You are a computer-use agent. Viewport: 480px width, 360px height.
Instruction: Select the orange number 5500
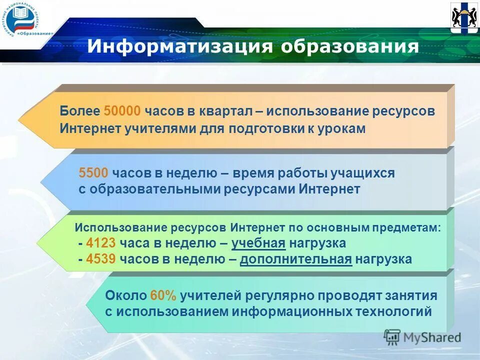tap(93, 173)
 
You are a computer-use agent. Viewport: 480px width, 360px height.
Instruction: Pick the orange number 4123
tap(101, 243)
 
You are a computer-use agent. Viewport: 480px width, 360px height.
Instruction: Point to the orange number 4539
tap(101, 259)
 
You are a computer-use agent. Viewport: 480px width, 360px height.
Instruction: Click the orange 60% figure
tap(163, 295)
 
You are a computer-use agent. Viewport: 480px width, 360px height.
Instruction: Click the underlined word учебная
tap(258, 243)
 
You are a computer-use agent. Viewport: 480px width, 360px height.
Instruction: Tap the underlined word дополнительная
tap(296, 259)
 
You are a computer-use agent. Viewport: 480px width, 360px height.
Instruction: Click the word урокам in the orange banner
tap(341, 128)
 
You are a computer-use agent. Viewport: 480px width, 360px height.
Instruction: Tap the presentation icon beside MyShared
tap(392, 336)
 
